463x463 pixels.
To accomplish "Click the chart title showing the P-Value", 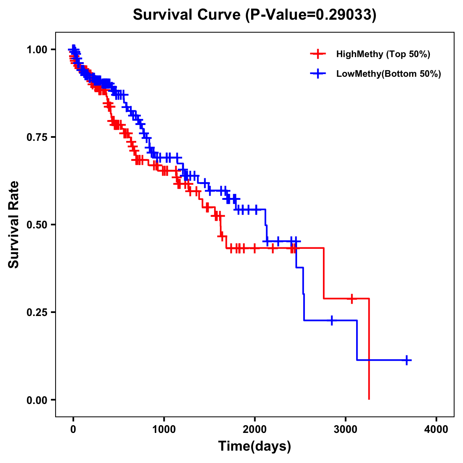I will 254,15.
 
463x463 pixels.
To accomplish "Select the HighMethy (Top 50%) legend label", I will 383,54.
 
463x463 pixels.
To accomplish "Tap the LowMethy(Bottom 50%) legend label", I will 389,74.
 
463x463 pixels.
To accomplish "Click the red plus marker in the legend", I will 318,54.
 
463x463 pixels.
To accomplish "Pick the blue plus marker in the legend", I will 318,74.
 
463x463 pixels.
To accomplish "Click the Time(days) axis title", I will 255,446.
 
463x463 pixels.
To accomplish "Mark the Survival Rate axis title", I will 14,225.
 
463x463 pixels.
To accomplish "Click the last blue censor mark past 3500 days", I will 407,360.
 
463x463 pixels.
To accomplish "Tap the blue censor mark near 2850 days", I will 332,320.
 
